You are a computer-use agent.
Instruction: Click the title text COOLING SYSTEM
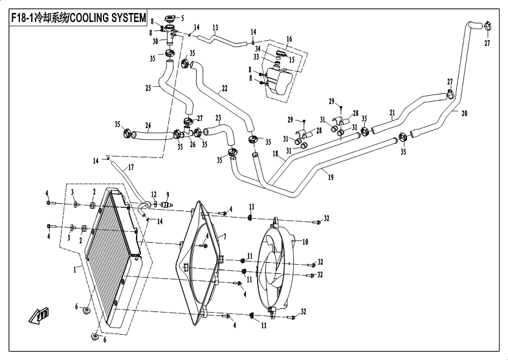(107, 19)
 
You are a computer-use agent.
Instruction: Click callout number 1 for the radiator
(76, 267)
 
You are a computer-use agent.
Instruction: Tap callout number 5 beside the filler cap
(182, 17)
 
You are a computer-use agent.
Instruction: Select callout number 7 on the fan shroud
(224, 238)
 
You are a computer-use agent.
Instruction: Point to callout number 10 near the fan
(305, 242)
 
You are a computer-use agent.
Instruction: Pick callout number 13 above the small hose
(215, 27)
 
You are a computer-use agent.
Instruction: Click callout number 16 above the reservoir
(289, 39)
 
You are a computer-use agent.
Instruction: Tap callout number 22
(224, 88)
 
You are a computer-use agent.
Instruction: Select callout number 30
(155, 41)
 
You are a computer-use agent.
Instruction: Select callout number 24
(148, 126)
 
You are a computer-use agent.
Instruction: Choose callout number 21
(392, 113)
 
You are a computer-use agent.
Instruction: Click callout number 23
(219, 118)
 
